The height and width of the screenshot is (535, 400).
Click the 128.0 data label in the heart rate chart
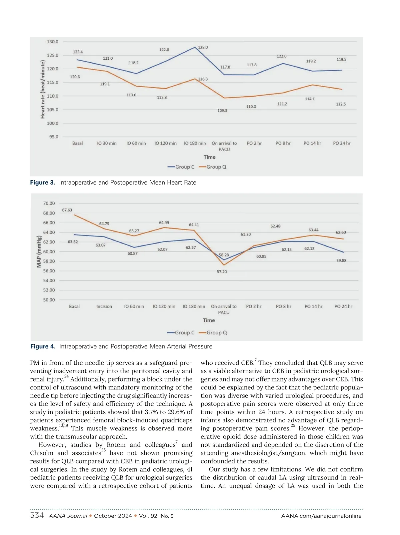tap(203, 47)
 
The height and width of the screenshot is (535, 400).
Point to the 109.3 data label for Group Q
tap(222, 110)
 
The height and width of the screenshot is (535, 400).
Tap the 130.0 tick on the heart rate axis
tap(52, 42)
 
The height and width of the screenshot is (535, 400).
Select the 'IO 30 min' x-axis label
tap(107, 143)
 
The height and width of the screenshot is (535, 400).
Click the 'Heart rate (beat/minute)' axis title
tap(43, 89)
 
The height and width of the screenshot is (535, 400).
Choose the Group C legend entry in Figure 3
tap(181, 167)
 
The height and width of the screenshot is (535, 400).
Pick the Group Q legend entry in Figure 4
tap(213, 332)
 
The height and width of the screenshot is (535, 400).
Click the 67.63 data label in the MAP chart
tap(67, 210)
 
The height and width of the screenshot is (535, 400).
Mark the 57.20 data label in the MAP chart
tap(222, 271)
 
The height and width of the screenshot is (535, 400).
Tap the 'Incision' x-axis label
tap(104, 306)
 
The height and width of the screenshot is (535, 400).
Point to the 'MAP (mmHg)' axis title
tap(39, 252)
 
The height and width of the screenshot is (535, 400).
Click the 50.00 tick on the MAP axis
tap(49, 300)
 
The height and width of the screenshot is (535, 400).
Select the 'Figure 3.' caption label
tap(42, 183)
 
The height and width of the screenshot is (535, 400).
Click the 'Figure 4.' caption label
tap(43, 346)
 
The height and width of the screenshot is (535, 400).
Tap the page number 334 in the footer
tap(37, 516)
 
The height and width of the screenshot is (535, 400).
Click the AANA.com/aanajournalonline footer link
tap(321, 516)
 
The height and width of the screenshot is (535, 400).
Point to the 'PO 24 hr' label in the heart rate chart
tap(342, 143)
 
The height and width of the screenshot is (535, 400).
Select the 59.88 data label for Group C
tap(341, 261)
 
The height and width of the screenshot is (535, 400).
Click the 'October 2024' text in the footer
tap(113, 516)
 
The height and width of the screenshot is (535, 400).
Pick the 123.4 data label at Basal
tap(78, 52)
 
